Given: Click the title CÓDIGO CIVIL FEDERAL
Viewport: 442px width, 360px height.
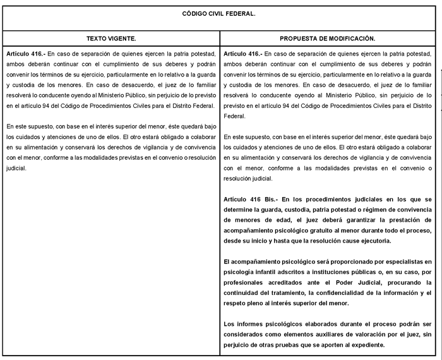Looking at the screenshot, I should (218, 14).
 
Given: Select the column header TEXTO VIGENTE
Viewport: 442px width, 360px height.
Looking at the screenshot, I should (111, 39).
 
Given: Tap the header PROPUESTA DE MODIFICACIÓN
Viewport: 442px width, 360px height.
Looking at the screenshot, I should (327, 39).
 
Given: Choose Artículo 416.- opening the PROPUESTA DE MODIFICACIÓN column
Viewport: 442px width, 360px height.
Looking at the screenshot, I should (244, 54).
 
